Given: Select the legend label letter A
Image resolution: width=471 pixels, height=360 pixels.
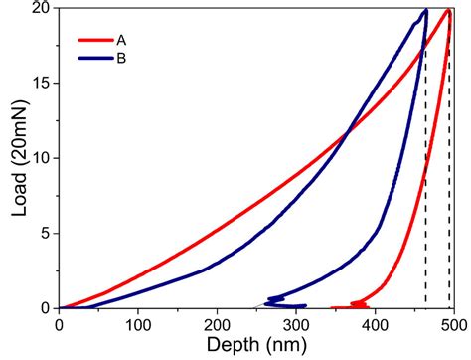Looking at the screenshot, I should tap(121, 42).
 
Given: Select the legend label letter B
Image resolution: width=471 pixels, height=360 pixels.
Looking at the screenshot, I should tap(121, 58).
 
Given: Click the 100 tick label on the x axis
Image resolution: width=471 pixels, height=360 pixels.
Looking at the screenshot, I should tap(138, 324).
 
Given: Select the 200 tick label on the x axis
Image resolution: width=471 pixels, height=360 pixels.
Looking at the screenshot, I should tap(217, 324).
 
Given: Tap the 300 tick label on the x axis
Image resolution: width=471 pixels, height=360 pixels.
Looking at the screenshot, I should tap(296, 324).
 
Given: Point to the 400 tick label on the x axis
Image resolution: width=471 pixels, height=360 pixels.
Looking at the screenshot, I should tap(375, 324).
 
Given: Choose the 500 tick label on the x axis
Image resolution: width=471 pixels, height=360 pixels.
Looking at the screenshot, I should tap(453, 324).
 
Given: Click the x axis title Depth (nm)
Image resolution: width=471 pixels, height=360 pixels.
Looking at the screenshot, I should tap(256, 345).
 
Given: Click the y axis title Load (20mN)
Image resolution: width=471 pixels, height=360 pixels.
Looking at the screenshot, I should tap(15, 159).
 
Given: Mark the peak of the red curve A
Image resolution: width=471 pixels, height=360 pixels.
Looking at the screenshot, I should tap(449, 11).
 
